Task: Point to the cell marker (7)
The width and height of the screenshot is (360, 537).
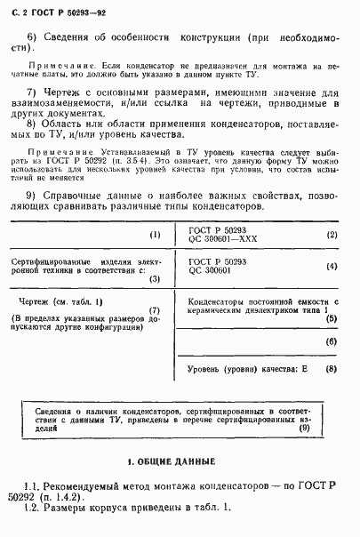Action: click(x=155, y=310)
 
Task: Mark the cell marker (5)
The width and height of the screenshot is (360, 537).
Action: click(x=332, y=317)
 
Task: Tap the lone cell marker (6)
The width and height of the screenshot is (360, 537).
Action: click(x=332, y=341)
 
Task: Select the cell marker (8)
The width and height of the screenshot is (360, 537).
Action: click(x=332, y=367)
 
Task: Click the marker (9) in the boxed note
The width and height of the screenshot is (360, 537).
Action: click(x=304, y=429)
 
